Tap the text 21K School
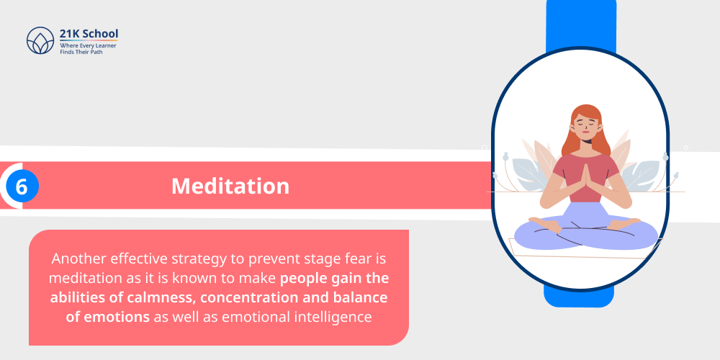pyautogui.click(x=89, y=34)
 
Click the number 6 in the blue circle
pyautogui.click(x=22, y=186)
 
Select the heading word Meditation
pyautogui.click(x=230, y=186)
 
